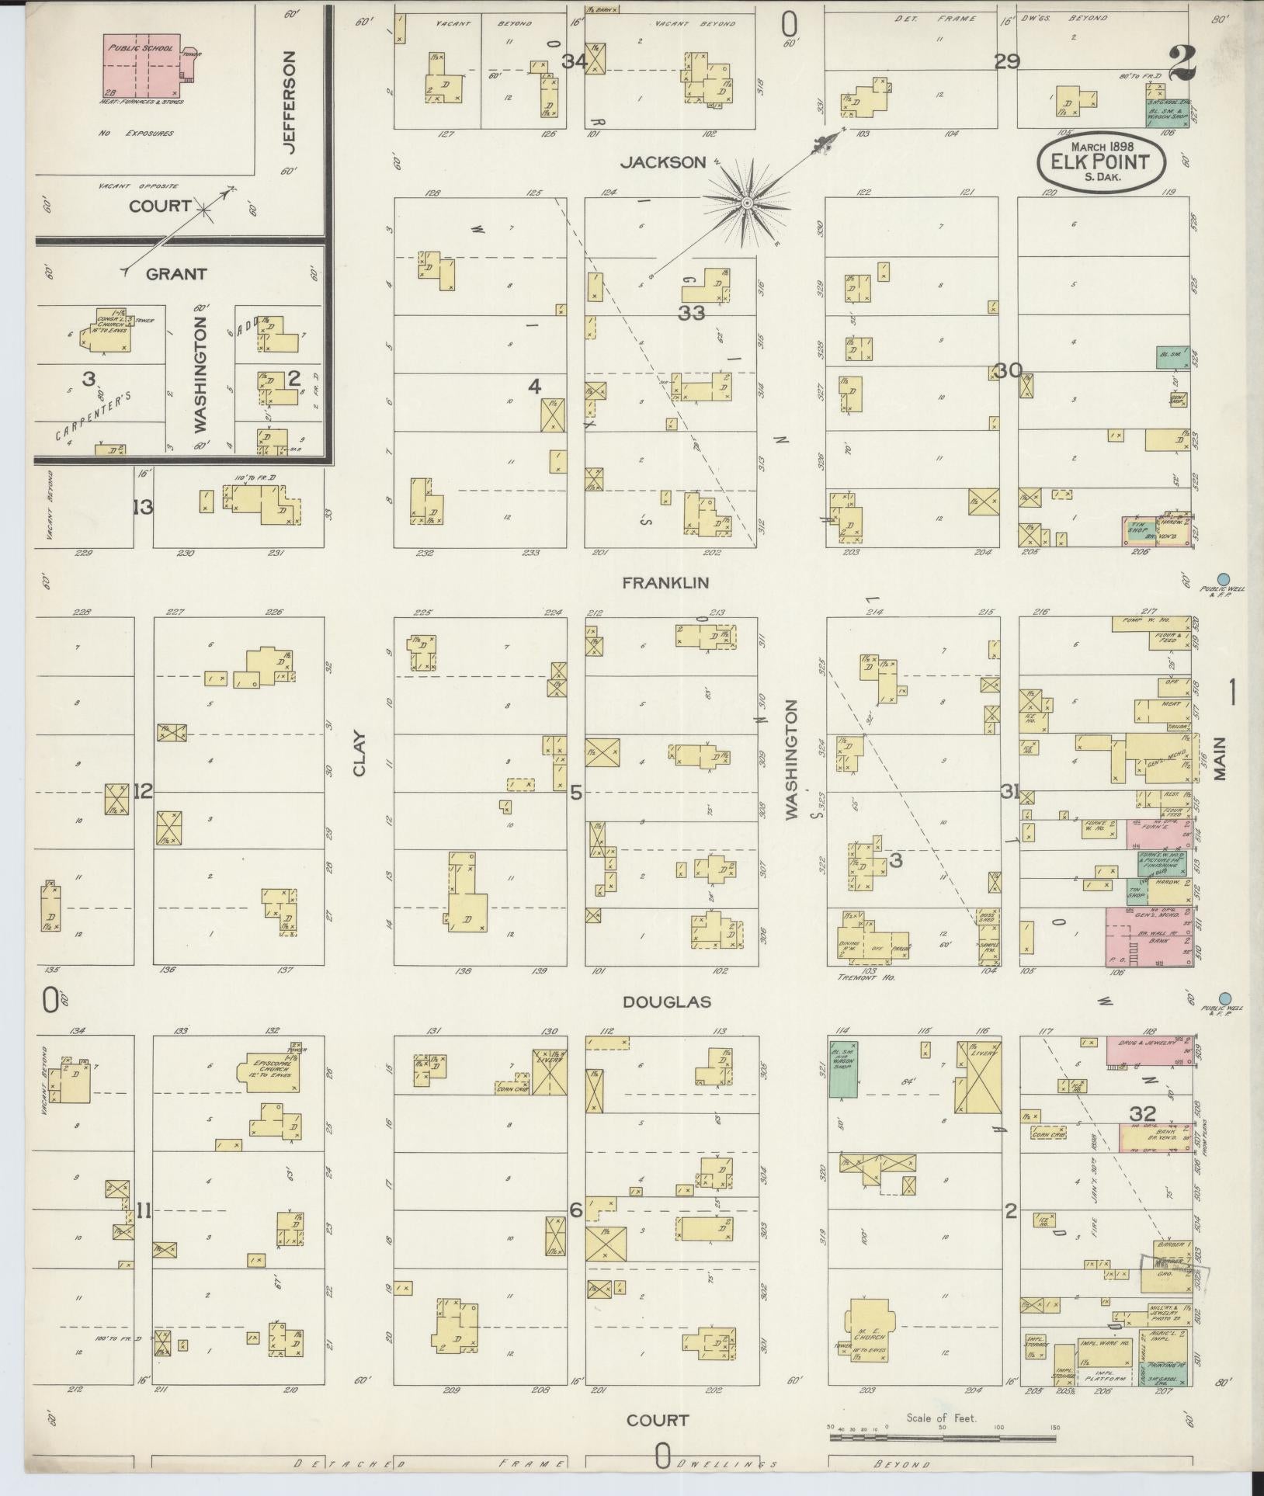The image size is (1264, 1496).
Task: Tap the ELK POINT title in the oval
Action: click(x=1103, y=163)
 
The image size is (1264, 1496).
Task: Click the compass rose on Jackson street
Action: click(x=746, y=203)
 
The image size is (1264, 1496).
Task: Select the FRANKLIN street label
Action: click(x=665, y=583)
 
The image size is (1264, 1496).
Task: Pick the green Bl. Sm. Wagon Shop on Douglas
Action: click(x=843, y=1069)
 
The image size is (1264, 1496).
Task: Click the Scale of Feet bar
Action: click(x=942, y=1438)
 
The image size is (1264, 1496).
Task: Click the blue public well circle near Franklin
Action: click(x=1224, y=578)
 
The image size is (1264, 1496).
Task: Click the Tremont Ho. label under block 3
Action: click(x=867, y=977)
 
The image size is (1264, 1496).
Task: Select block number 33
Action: click(x=691, y=314)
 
